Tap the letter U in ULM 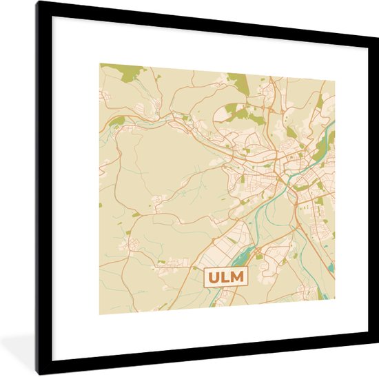pyautogui.click(x=214, y=278)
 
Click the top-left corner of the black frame pyautogui.click(x=39, y=3)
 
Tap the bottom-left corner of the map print pyautogui.click(x=99, y=314)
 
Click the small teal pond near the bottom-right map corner pyautogui.click(x=331, y=267)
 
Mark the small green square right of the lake pyautogui.click(x=259, y=256)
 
